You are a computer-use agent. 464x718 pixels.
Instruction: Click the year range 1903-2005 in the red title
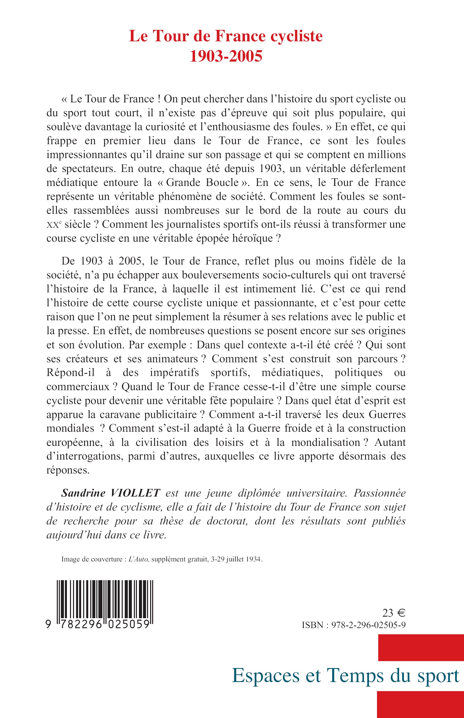tap(226, 56)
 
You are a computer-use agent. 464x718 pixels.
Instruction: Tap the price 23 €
tap(394, 613)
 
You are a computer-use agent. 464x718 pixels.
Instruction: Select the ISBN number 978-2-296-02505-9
tap(368, 625)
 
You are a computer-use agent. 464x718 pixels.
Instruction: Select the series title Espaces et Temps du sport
tap(346, 676)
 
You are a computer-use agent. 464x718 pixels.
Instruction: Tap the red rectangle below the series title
tap(420, 705)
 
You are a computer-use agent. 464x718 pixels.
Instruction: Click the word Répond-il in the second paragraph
tap(70, 373)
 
